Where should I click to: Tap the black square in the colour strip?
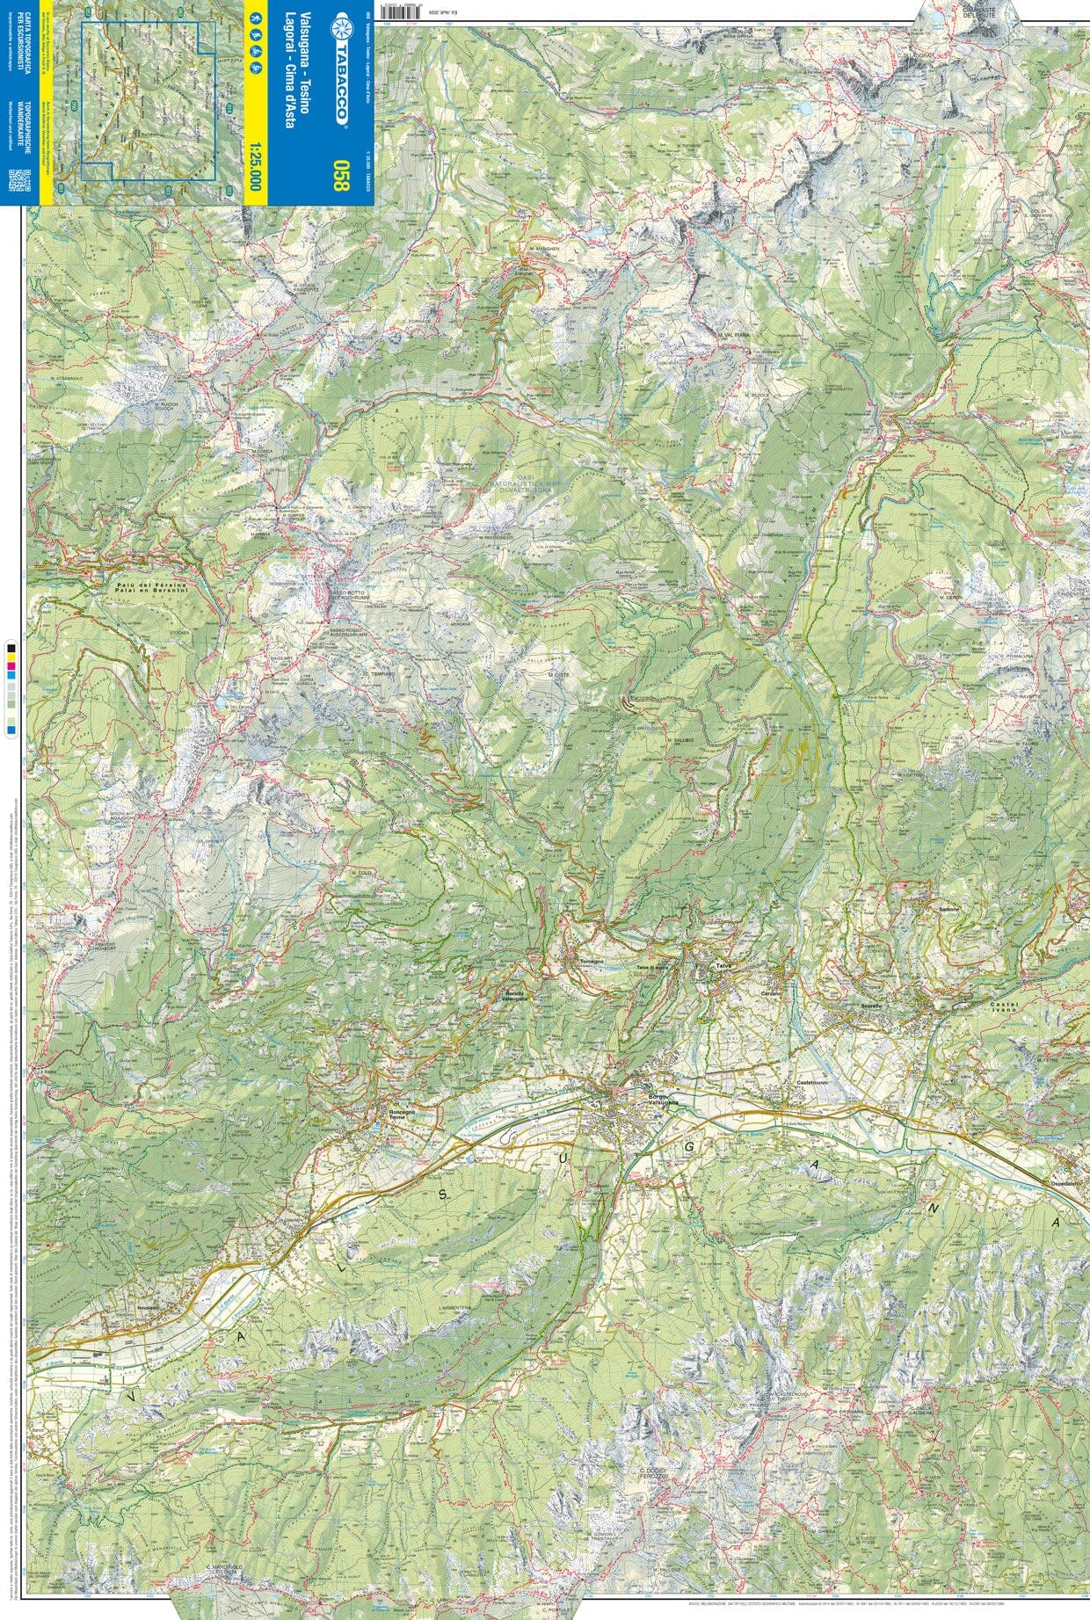[11, 648]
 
